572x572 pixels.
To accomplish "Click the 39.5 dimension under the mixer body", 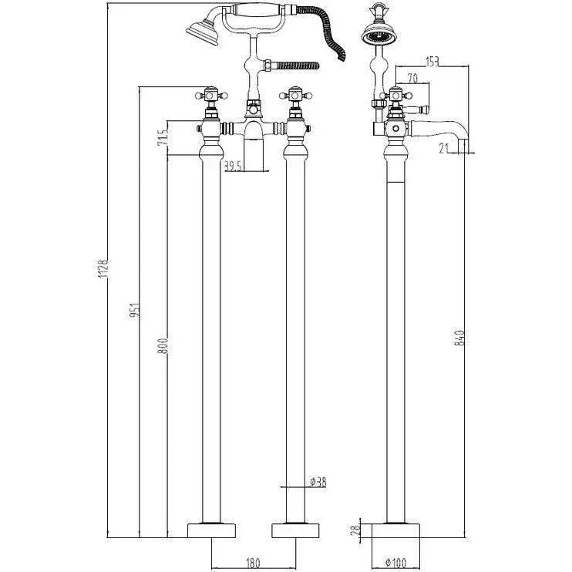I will pyautogui.click(x=234, y=166).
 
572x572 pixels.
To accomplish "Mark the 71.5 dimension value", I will pyautogui.click(x=163, y=139).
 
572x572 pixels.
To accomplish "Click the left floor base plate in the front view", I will pyautogui.click(x=210, y=530).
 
